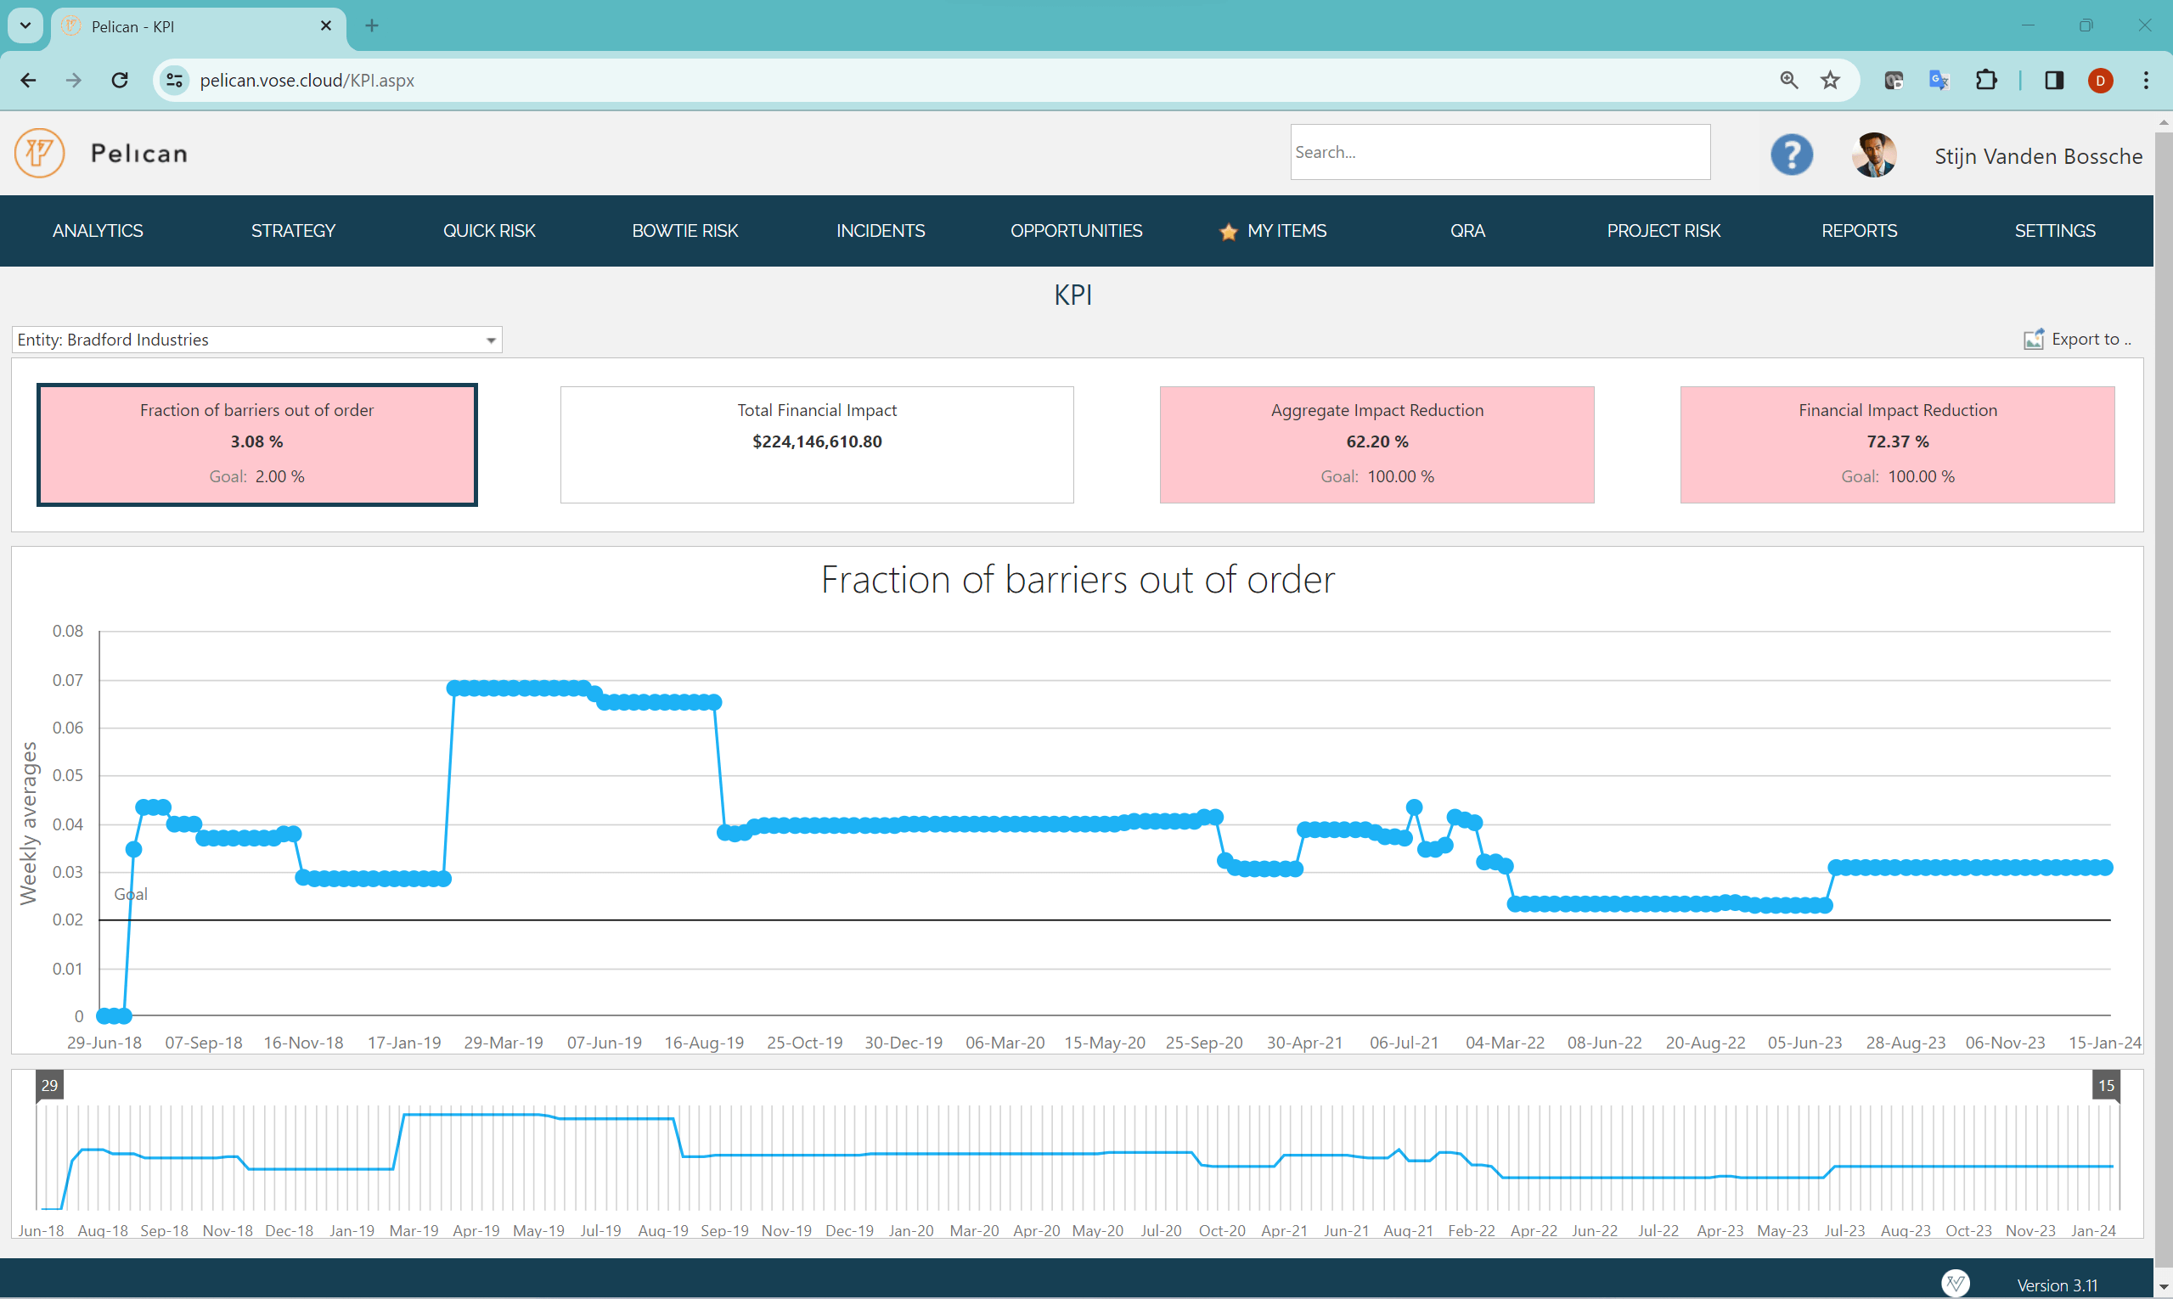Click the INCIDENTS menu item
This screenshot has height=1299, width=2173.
point(880,231)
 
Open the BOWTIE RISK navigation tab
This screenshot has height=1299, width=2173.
point(684,231)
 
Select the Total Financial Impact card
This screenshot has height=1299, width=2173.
point(816,444)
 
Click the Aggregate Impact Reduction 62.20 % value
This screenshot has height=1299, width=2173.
point(1376,441)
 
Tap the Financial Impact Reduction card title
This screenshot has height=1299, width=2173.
point(1897,411)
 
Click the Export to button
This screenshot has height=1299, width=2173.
point(2077,340)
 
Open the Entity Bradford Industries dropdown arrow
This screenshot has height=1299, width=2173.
point(490,340)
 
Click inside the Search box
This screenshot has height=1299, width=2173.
point(1499,152)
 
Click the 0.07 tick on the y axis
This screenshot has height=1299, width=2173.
point(67,680)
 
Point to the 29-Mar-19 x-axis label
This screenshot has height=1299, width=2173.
point(503,1043)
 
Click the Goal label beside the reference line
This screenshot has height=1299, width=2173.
point(131,894)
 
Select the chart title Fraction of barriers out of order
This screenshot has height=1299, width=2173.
point(1077,580)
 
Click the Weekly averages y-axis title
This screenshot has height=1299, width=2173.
point(29,822)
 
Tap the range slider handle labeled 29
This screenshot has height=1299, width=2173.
point(49,1085)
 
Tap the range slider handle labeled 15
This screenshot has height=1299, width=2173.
point(2106,1085)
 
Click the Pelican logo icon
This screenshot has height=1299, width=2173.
point(39,153)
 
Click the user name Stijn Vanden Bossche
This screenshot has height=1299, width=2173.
point(2037,157)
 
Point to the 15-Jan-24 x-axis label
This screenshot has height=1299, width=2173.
point(2104,1043)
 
